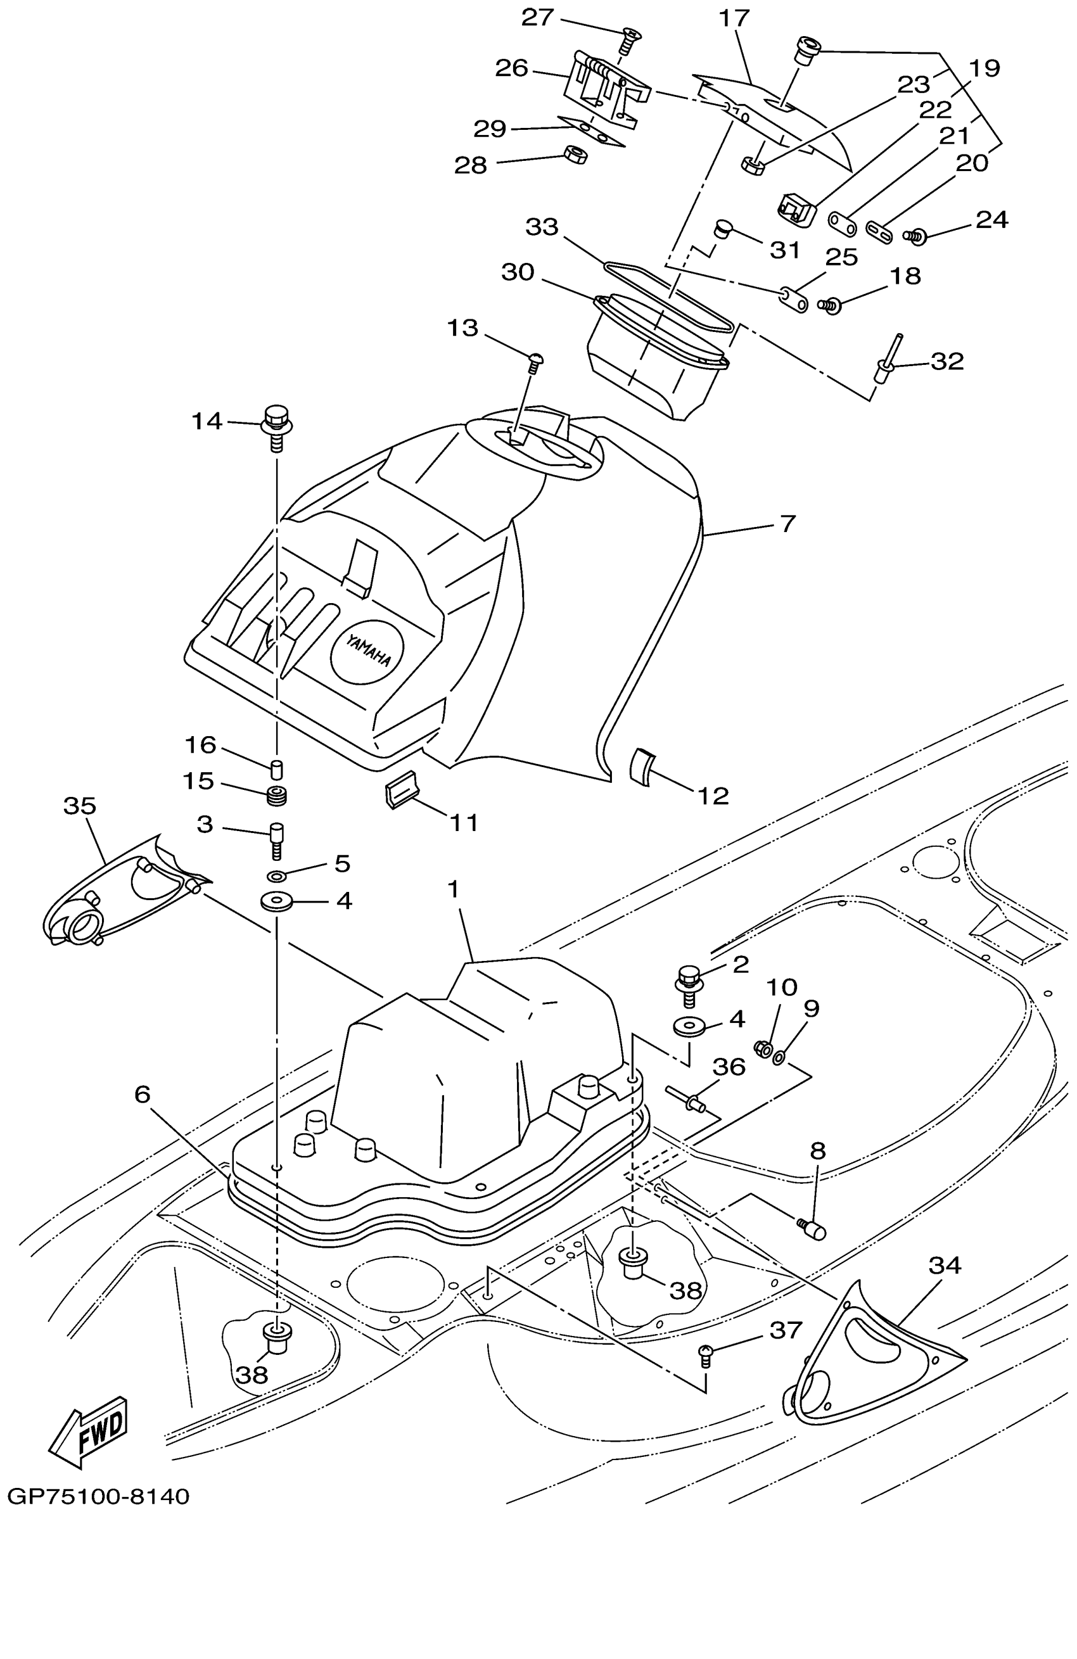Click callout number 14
(x=207, y=421)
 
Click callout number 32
(x=946, y=361)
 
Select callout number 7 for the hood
(x=787, y=523)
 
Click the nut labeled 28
(x=575, y=154)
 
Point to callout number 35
(x=79, y=806)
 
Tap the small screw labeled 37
(x=706, y=1354)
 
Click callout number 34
(x=945, y=1265)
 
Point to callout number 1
(x=454, y=889)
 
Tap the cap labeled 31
(x=723, y=228)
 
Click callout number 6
(x=142, y=1095)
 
